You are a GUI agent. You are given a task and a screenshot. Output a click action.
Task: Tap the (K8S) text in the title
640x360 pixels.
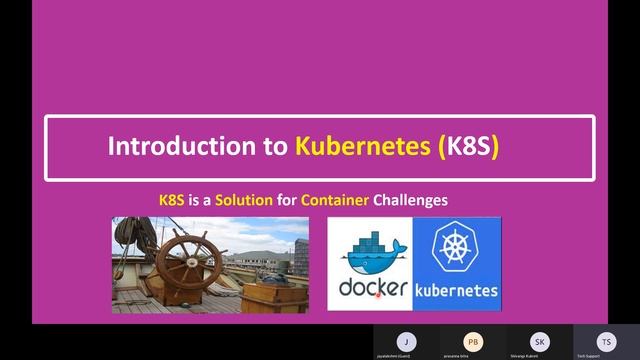coord(468,148)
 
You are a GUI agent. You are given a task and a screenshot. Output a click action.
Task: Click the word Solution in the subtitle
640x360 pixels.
coord(244,200)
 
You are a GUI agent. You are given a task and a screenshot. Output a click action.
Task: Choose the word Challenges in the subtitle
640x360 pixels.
coord(410,200)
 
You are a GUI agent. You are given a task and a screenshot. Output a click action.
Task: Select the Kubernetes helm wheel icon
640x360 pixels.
coord(456,250)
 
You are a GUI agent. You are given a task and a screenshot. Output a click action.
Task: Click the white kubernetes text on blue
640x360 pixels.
coord(456,291)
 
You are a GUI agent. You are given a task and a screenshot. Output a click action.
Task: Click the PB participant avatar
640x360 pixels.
coord(472,340)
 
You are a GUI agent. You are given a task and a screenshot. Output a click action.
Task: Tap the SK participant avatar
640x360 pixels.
coord(540,340)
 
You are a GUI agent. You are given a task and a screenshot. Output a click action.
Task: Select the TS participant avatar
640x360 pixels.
coord(606,340)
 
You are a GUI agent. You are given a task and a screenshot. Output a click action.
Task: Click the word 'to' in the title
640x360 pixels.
coord(276,148)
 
